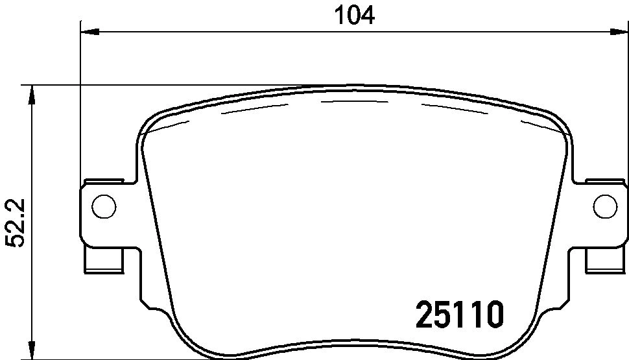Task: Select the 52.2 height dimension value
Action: coord(14,222)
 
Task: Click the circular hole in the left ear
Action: coord(104,206)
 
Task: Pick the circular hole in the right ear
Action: coord(604,206)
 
